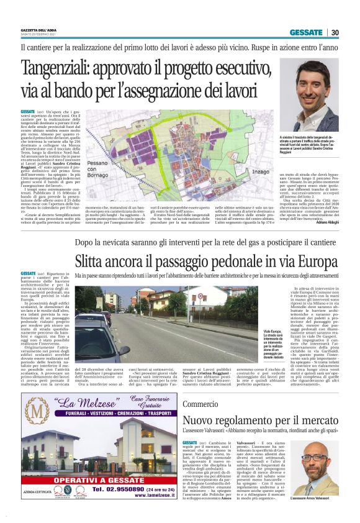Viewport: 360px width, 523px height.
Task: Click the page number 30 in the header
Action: (335, 33)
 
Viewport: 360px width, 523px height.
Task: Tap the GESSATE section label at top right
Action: (307, 33)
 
